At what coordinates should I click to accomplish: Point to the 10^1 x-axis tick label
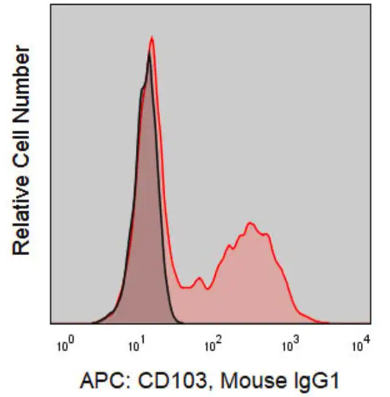click(x=137, y=345)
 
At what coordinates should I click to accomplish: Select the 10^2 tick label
click(x=213, y=345)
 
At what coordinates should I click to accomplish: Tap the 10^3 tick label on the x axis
click(x=291, y=345)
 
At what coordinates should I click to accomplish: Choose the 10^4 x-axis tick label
click(x=361, y=345)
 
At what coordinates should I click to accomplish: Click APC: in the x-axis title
click(x=104, y=381)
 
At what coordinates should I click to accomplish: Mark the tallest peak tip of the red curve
click(x=152, y=38)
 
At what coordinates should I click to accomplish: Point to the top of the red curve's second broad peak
click(x=250, y=223)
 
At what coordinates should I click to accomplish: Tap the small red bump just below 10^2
click(x=199, y=278)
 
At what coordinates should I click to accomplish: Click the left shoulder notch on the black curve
click(x=142, y=88)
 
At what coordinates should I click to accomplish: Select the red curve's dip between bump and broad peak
click(x=208, y=289)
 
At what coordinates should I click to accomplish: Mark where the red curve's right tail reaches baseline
click(x=328, y=323)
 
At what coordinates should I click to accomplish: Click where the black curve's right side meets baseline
click(x=183, y=323)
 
